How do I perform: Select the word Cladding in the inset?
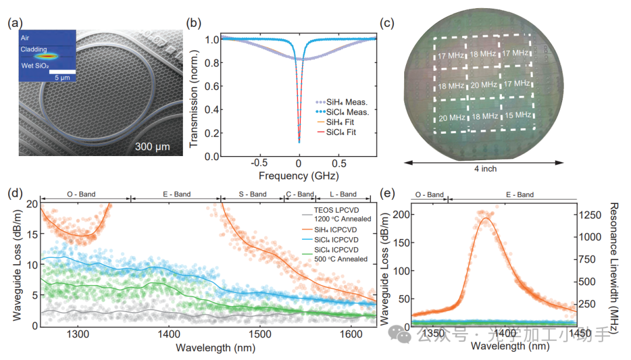(x=34, y=50)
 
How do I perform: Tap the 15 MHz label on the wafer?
(x=518, y=115)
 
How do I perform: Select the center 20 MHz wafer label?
(x=484, y=85)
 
